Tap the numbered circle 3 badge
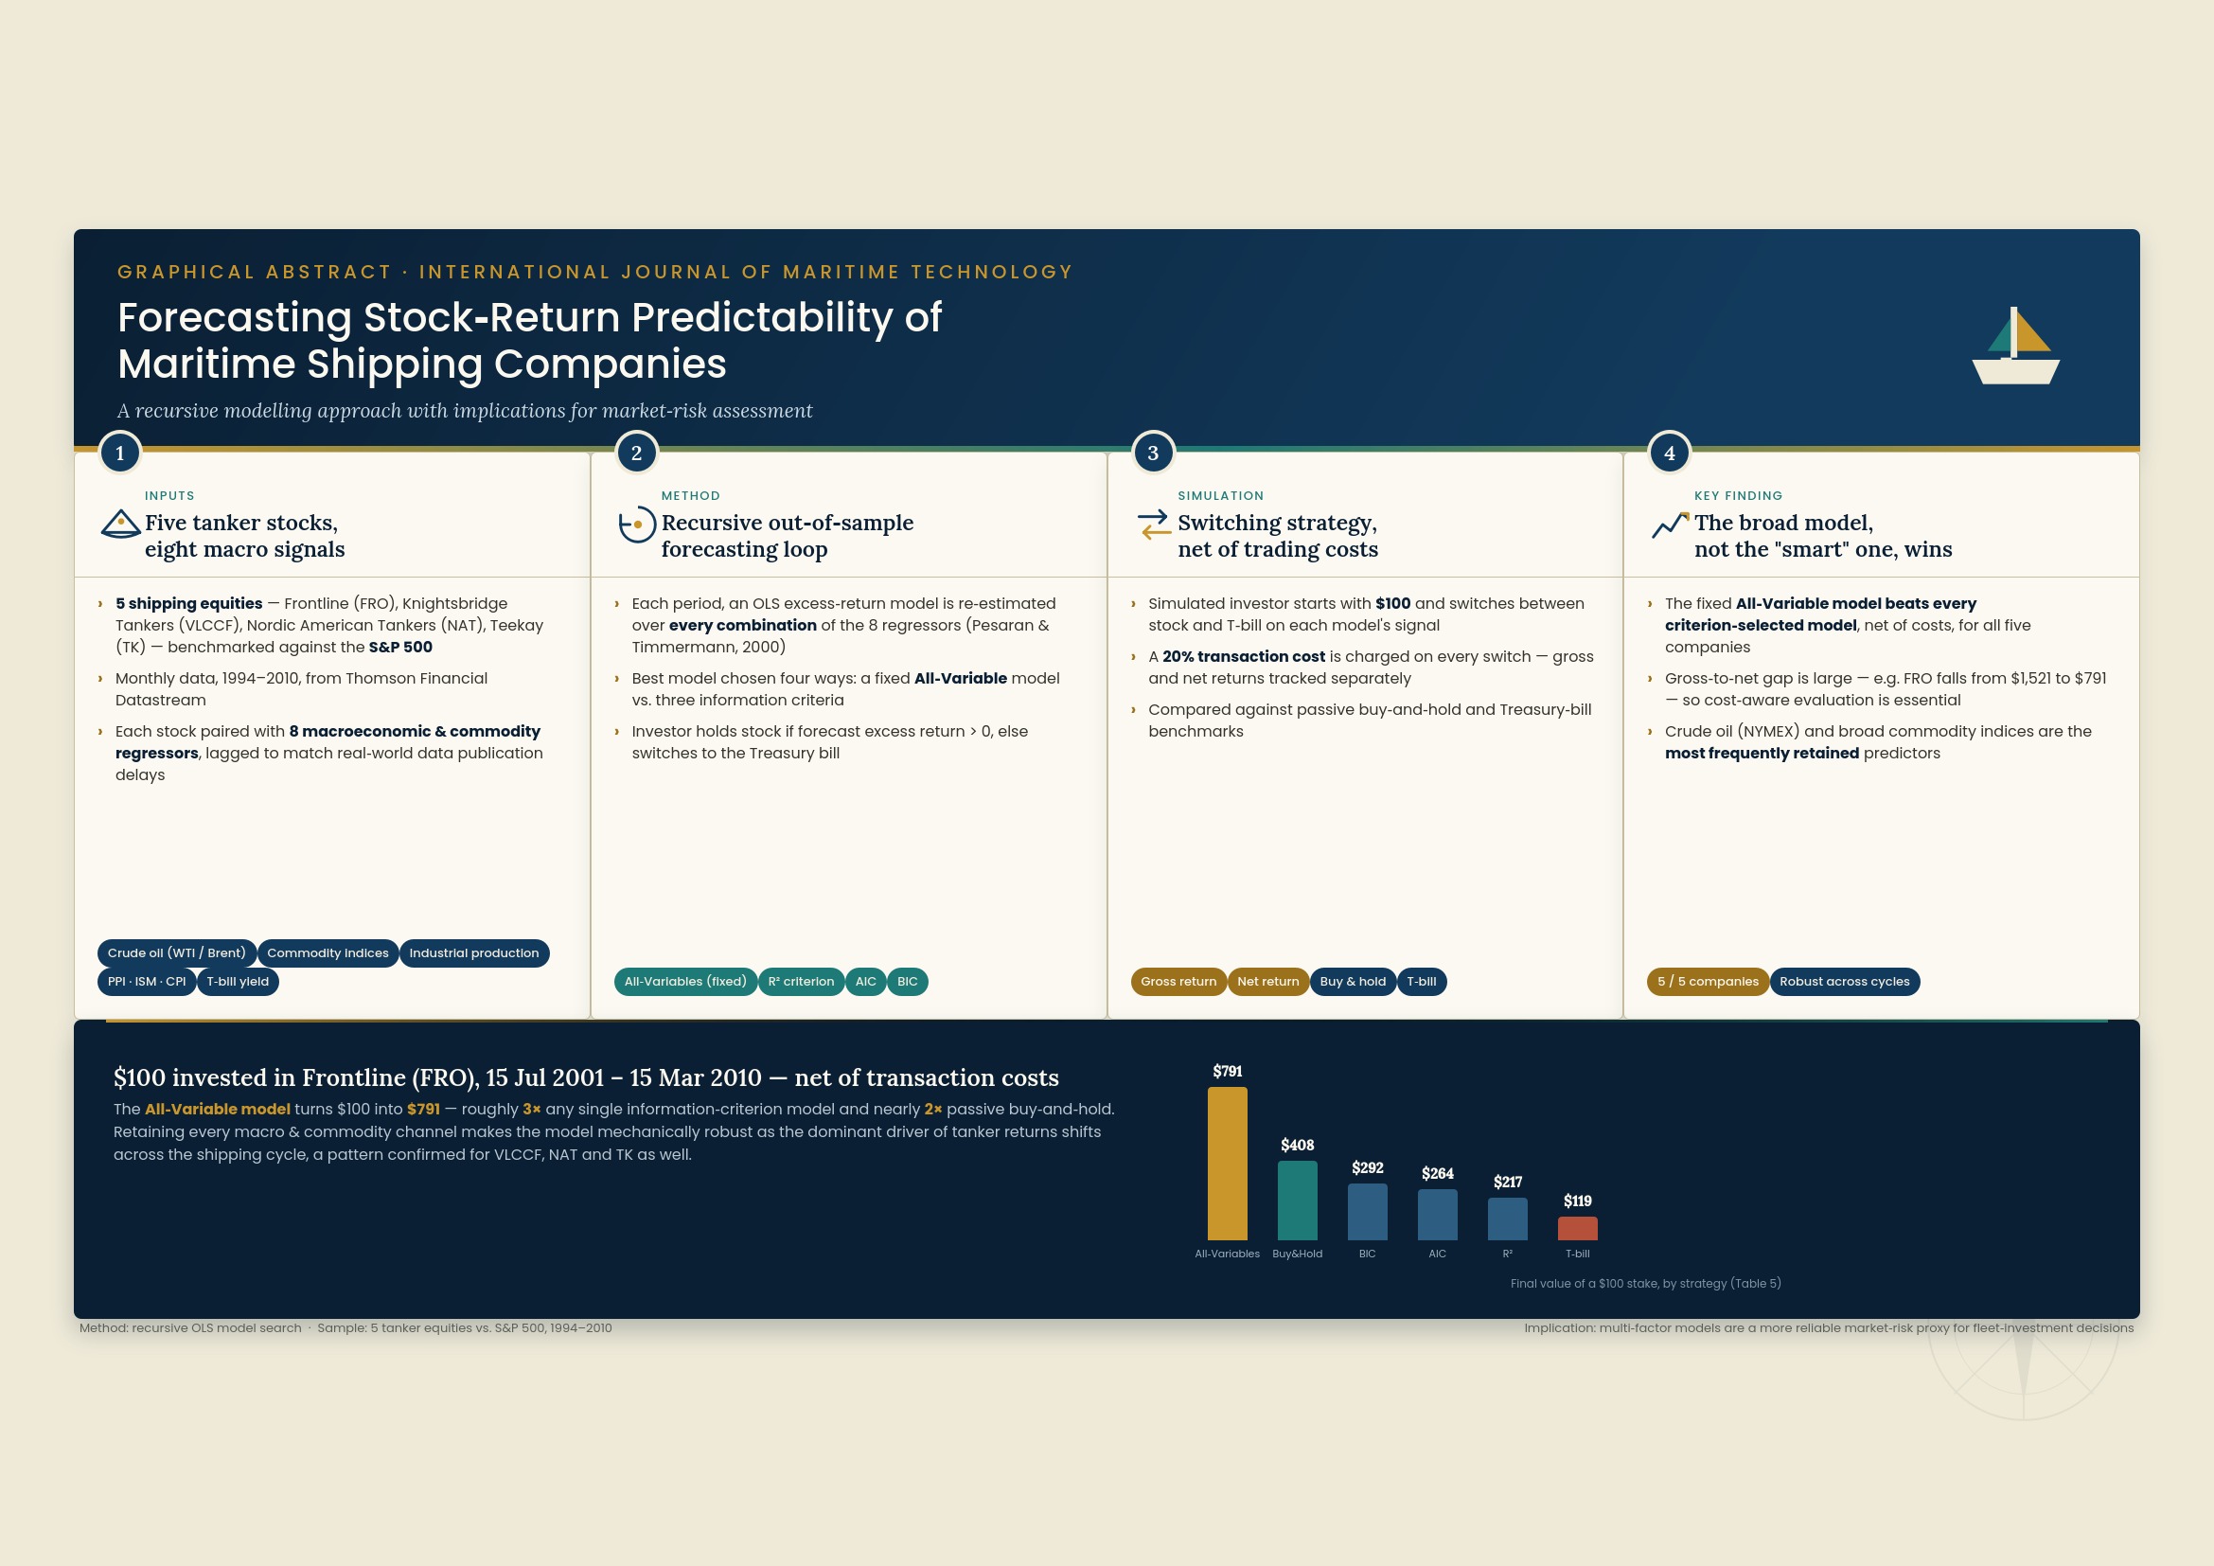click(1153, 454)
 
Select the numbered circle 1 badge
click(119, 454)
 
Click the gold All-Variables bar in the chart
click(1228, 1164)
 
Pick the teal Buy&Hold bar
click(1297, 1201)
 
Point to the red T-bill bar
click(1578, 1229)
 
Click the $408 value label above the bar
click(1297, 1145)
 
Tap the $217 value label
click(1508, 1183)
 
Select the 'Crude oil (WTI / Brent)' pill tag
click(176, 952)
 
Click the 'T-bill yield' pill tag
click(239, 982)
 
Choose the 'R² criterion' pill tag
click(802, 982)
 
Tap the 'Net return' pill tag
click(1268, 982)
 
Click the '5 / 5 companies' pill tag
click(1708, 982)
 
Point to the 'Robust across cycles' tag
click(1845, 982)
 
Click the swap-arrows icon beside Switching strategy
click(1154, 525)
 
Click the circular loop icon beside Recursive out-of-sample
click(636, 525)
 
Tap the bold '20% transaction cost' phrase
click(1244, 657)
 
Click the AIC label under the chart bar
click(1437, 1254)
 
